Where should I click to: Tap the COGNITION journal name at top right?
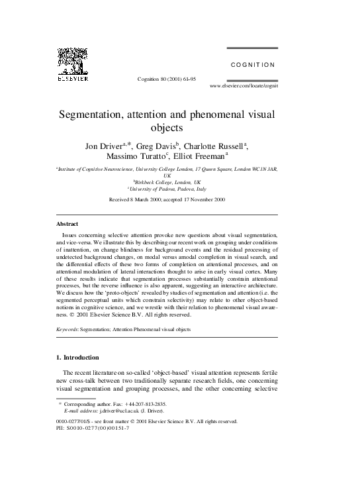252,65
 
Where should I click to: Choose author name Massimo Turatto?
141,158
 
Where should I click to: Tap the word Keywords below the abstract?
67,328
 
